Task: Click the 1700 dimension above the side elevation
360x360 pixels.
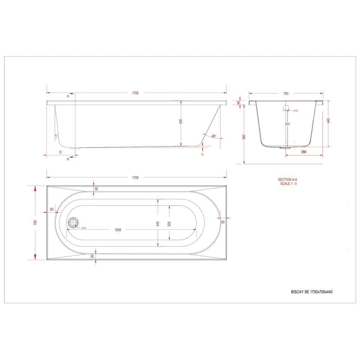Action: [135, 93]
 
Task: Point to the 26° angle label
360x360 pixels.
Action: [214, 136]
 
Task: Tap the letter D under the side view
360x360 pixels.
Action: [60, 152]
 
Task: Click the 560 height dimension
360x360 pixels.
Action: [244, 137]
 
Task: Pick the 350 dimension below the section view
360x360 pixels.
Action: [303, 152]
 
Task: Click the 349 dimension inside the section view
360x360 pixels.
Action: [288, 124]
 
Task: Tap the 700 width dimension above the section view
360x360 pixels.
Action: [285, 93]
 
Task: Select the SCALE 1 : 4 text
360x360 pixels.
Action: [288, 183]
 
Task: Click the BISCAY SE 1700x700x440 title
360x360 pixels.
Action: [311, 292]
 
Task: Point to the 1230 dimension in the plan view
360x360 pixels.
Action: [118, 229]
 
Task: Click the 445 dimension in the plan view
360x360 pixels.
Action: [158, 224]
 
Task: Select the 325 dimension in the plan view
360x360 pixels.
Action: [169, 224]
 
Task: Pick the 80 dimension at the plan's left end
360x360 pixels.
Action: [52, 209]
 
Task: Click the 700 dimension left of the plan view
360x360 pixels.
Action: [35, 222]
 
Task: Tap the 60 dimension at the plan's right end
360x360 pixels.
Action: [223, 222]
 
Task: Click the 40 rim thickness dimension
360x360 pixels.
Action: [238, 103]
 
